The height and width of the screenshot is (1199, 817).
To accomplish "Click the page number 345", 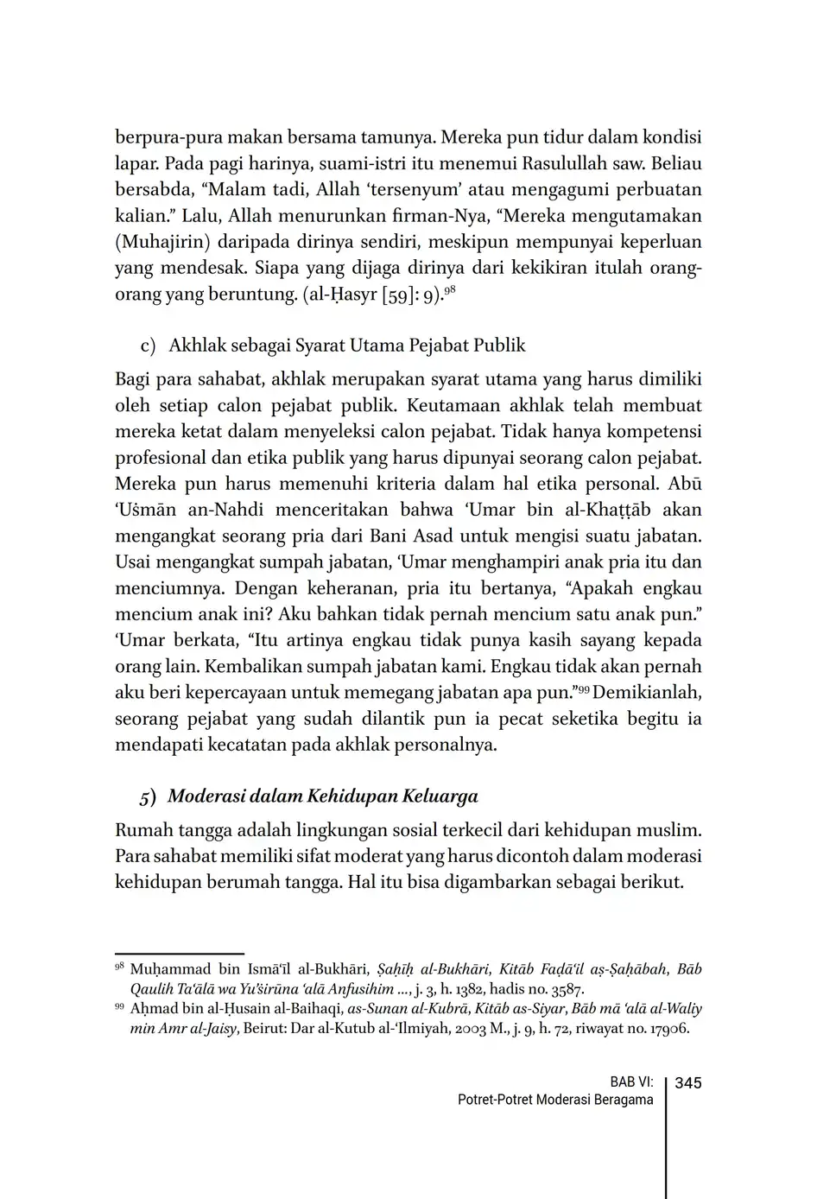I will click(x=688, y=1083).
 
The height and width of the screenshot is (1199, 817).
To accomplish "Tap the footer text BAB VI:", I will click(x=631, y=1083).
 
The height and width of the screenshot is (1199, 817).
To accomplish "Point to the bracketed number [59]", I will click(x=375, y=295).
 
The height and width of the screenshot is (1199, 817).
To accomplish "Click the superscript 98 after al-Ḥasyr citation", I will click(x=449, y=289).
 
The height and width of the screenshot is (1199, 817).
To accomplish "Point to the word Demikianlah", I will click(x=648, y=693).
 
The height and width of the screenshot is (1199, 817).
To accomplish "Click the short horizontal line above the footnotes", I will click(x=180, y=954).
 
